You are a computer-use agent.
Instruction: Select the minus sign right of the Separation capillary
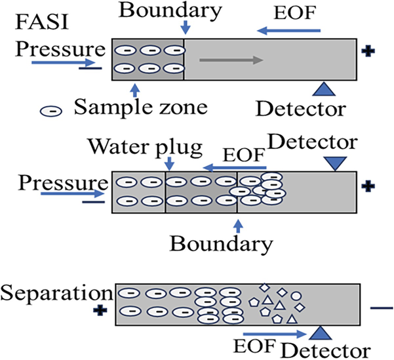point(380,306)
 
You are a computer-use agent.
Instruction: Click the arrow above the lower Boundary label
point(237,226)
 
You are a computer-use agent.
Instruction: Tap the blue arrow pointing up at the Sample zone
point(135,89)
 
